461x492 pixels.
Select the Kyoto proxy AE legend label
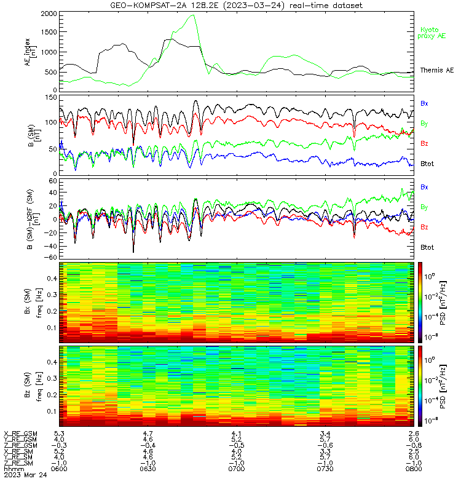(431, 33)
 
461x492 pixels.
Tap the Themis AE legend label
(437, 70)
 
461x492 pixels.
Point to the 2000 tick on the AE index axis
(49, 14)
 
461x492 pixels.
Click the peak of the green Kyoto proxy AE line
(194, 15)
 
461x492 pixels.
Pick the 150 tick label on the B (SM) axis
(51, 98)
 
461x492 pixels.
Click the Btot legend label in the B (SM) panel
(427, 164)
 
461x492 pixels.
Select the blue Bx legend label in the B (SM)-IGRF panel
(424, 187)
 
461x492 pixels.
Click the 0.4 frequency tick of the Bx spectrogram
(52, 279)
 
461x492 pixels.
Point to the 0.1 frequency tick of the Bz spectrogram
(52, 411)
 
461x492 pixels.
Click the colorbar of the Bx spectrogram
(420, 302)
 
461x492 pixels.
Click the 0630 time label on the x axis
(148, 469)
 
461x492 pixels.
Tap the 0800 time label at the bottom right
(414, 469)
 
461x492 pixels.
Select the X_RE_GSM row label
(20, 434)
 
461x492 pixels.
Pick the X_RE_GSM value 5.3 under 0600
(59, 434)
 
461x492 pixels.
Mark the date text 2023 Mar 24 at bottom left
(25, 475)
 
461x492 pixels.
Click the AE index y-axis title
(30, 52)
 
